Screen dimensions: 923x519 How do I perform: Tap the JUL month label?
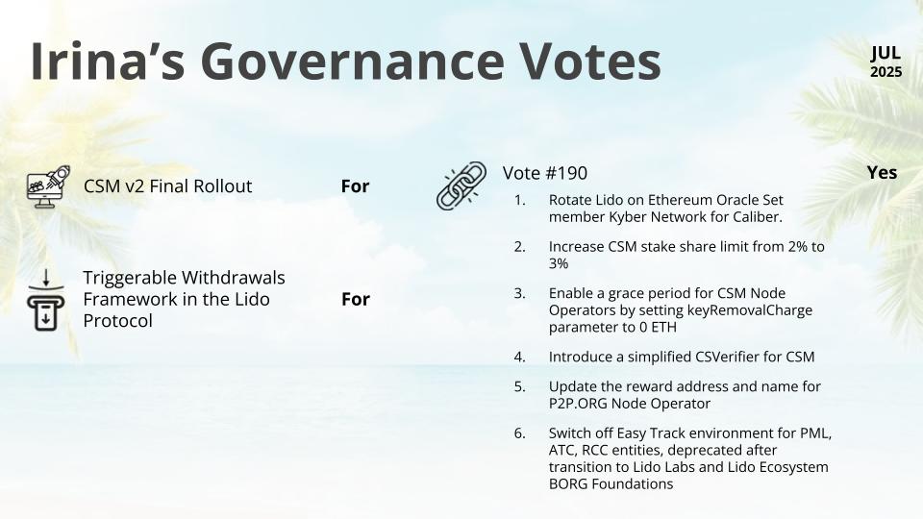pos(886,53)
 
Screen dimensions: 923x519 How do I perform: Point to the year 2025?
pos(886,72)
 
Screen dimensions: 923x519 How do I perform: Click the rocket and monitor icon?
pos(48,186)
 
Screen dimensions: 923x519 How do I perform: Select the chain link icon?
pos(461,185)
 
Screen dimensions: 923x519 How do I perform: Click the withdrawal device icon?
pos(45,300)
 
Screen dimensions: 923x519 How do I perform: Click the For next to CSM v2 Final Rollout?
pos(355,186)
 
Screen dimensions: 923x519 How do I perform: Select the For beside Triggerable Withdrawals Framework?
pos(356,300)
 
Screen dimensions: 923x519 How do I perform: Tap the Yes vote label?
pos(882,172)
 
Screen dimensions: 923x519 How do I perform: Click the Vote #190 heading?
pos(544,173)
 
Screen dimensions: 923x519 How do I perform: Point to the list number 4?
pos(519,358)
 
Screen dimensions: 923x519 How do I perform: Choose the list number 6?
pos(519,433)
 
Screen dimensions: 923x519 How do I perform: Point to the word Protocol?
pos(117,321)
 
